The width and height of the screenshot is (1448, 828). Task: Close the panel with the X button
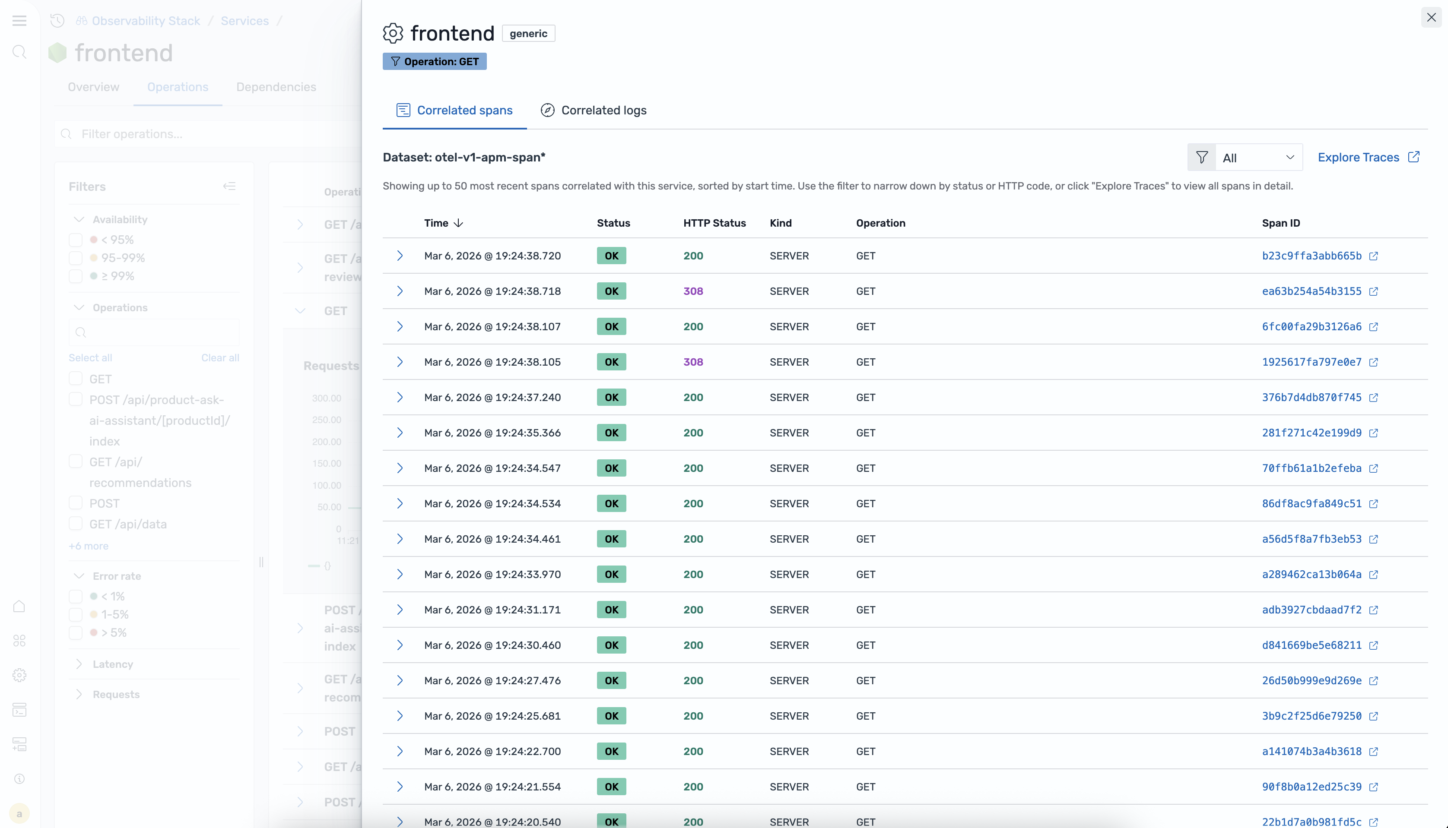point(1431,17)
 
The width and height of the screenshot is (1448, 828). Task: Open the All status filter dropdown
point(1257,158)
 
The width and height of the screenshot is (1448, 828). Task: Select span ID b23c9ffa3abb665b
point(1311,256)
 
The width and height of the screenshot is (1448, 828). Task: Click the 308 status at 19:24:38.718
point(692,291)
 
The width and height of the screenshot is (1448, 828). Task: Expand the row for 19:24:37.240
point(400,398)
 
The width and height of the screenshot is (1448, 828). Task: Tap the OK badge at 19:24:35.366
point(611,433)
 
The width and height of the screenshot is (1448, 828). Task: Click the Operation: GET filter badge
point(435,61)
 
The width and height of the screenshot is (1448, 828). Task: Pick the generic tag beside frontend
point(528,34)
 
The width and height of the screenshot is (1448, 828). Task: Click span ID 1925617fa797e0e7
point(1311,362)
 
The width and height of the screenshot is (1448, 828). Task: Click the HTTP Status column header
point(714,223)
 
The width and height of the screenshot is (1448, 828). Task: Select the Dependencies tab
point(276,87)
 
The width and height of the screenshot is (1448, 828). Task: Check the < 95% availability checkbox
point(76,240)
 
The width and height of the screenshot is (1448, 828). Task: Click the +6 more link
point(88,546)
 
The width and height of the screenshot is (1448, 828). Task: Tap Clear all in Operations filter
point(219,358)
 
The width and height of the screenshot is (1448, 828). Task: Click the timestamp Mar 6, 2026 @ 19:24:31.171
point(492,610)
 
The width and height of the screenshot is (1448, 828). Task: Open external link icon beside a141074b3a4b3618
point(1373,752)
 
